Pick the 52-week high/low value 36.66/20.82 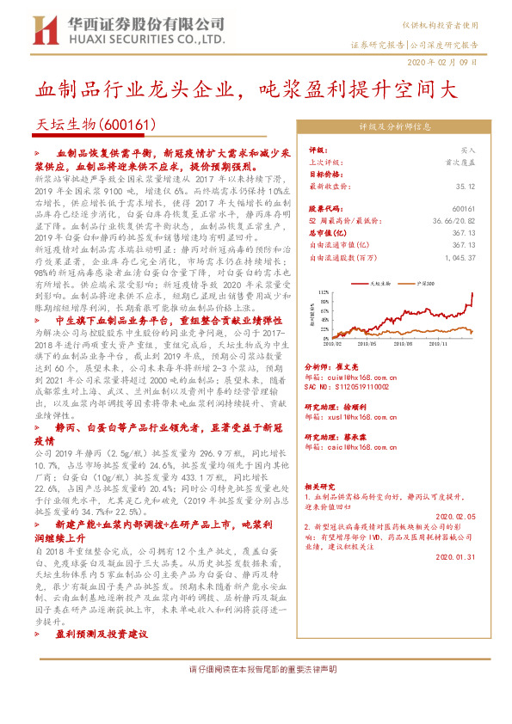(455, 220)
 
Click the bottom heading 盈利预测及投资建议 (102, 634)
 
